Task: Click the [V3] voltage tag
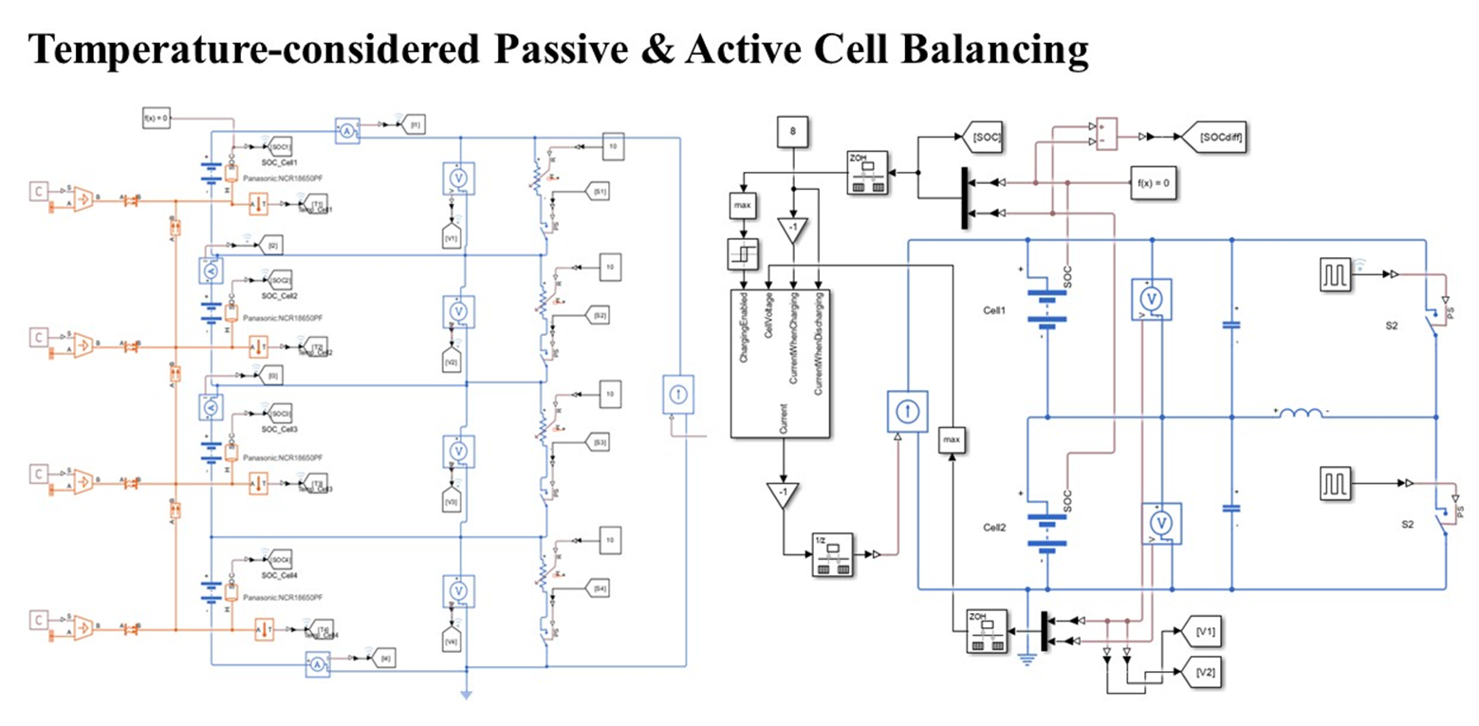[x=452, y=502]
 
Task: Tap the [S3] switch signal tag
[x=600, y=442]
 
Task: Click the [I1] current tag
[x=416, y=124]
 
